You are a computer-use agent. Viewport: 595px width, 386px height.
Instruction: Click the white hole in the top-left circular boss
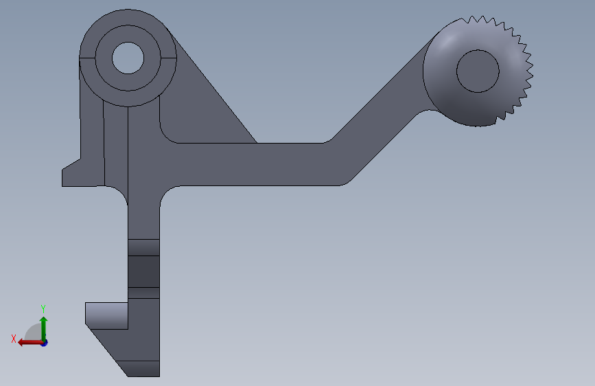click(128, 58)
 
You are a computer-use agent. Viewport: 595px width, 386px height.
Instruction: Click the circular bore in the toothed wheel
click(478, 71)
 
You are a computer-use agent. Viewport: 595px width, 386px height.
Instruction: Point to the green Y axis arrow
click(44, 329)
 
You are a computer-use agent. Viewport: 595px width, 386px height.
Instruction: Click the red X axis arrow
click(30, 343)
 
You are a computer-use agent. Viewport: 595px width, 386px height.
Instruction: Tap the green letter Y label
click(43, 308)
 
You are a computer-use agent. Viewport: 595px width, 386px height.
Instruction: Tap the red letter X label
click(14, 339)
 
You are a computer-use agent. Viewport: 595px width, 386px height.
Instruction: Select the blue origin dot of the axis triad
click(45, 343)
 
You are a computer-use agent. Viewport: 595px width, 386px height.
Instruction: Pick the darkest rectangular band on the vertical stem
click(143, 271)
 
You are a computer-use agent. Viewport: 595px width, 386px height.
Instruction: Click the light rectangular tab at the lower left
click(106, 316)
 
